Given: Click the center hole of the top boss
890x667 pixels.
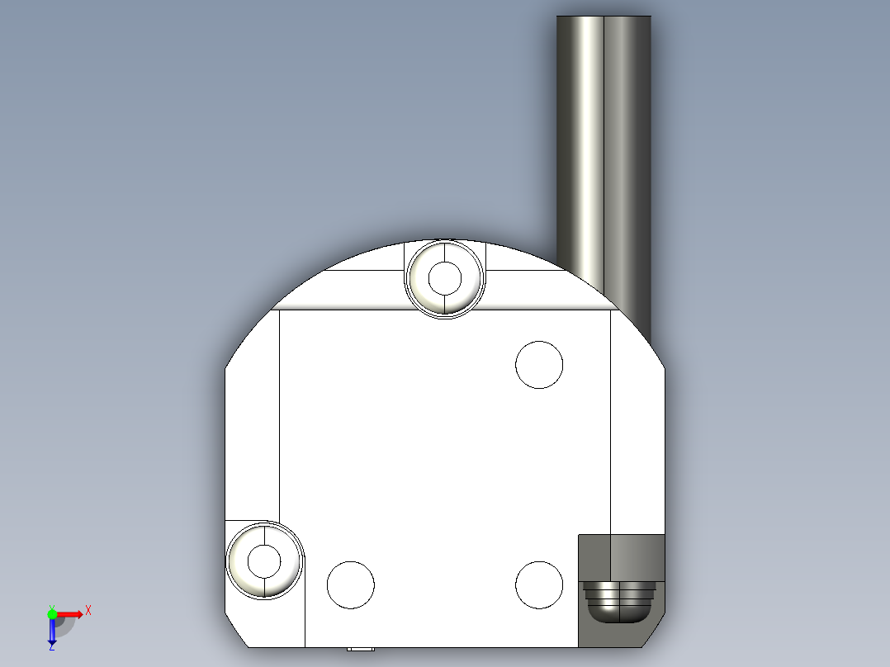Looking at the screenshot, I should pos(446,278).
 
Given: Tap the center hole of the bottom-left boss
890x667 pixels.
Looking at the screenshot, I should pos(264,561).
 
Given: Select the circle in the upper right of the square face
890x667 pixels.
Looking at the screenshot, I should pos(539,364).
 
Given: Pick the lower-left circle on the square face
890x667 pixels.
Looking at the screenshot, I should pos(351,584).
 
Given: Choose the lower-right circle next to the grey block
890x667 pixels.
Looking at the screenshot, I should pos(539,584).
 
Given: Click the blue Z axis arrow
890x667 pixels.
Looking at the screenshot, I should pos(52,632).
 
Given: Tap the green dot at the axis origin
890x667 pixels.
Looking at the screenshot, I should pos(52,613).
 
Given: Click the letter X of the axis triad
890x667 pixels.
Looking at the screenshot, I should pos(88,611).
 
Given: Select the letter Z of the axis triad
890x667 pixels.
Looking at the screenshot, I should pos(51,647).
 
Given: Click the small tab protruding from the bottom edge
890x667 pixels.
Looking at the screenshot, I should pos(360,649).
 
